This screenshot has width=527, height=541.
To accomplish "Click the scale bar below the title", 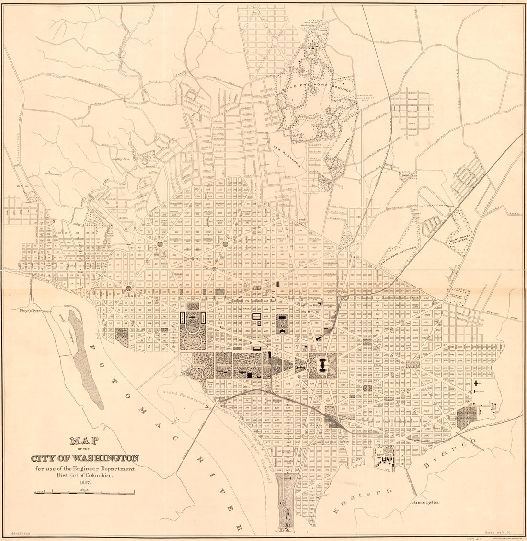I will click(x=84, y=492).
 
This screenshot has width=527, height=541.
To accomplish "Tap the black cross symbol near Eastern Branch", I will click(x=476, y=383).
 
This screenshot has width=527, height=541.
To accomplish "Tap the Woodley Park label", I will click(x=125, y=157).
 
